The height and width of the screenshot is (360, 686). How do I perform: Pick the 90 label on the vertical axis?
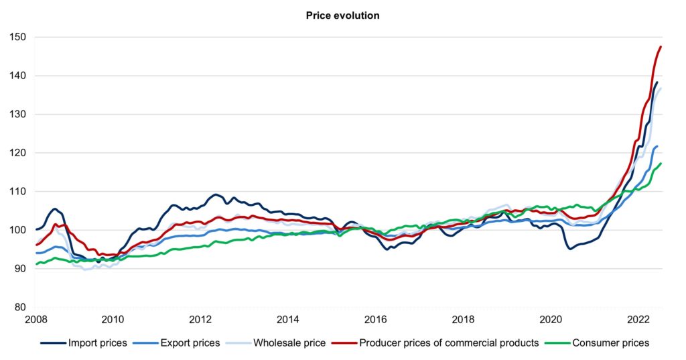(19, 269)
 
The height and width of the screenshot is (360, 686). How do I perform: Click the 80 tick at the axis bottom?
(19, 308)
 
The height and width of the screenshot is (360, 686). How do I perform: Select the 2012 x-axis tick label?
(200, 320)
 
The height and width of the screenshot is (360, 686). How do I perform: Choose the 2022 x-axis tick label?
(639, 320)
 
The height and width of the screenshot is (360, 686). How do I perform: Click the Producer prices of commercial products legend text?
(449, 343)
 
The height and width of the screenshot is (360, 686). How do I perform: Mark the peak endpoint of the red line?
(661, 47)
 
